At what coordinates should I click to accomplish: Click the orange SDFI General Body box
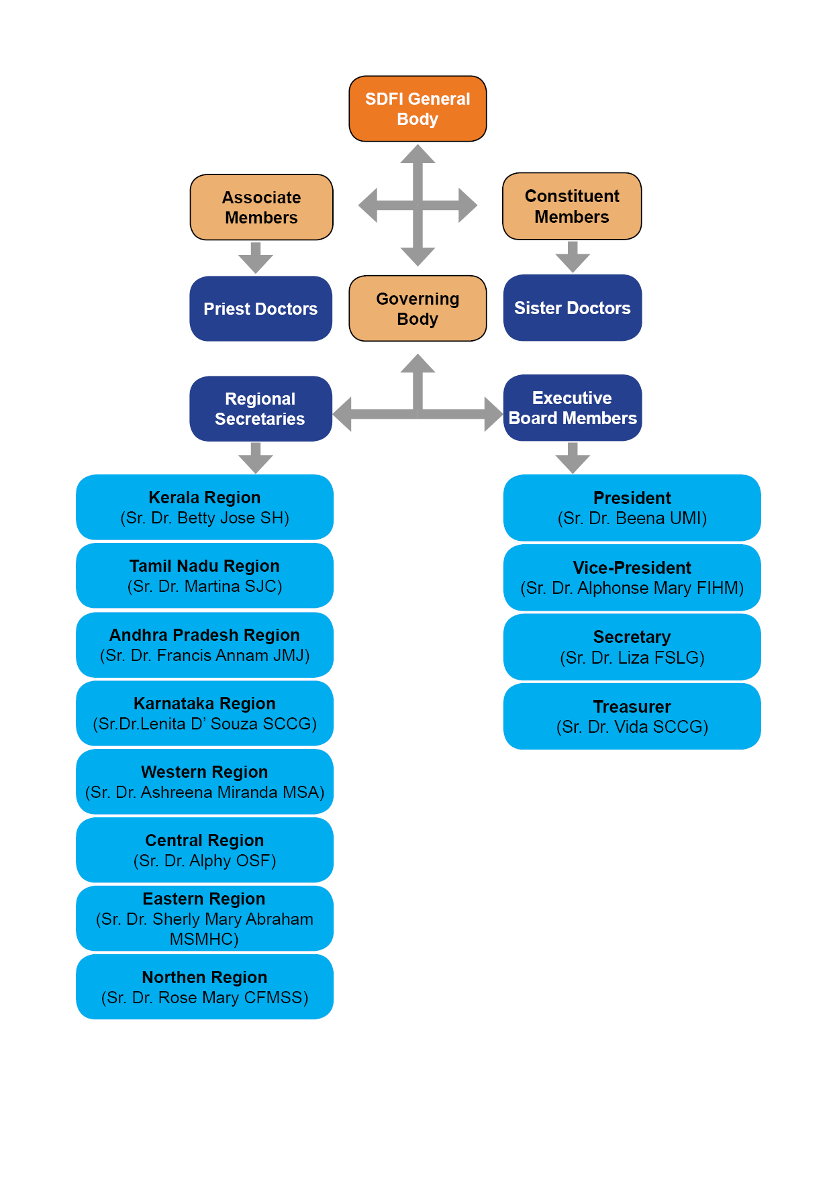click(x=418, y=109)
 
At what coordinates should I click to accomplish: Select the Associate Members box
click(x=261, y=207)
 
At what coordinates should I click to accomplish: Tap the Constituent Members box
click(x=572, y=206)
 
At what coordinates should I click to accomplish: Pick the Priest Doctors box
click(x=260, y=309)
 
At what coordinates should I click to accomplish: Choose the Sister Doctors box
click(x=572, y=308)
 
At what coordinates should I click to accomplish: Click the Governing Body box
click(x=418, y=309)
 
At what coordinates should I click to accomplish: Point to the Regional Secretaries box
click(x=260, y=409)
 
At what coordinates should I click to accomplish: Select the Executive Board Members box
click(x=572, y=408)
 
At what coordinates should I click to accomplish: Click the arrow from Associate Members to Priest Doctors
click(x=256, y=258)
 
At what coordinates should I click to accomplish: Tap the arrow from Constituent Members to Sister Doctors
click(x=573, y=257)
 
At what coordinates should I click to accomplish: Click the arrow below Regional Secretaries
click(x=256, y=458)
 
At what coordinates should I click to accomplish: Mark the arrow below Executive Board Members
click(x=573, y=458)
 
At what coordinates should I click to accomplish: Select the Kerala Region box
click(x=205, y=507)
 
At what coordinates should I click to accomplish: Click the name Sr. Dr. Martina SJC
click(x=205, y=586)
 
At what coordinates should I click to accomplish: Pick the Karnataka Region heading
click(x=205, y=703)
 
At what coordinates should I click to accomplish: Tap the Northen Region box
click(x=205, y=987)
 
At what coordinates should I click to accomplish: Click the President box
click(x=632, y=508)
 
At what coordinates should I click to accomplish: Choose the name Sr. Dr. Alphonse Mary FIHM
click(x=632, y=588)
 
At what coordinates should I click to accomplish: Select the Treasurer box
click(x=632, y=717)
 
